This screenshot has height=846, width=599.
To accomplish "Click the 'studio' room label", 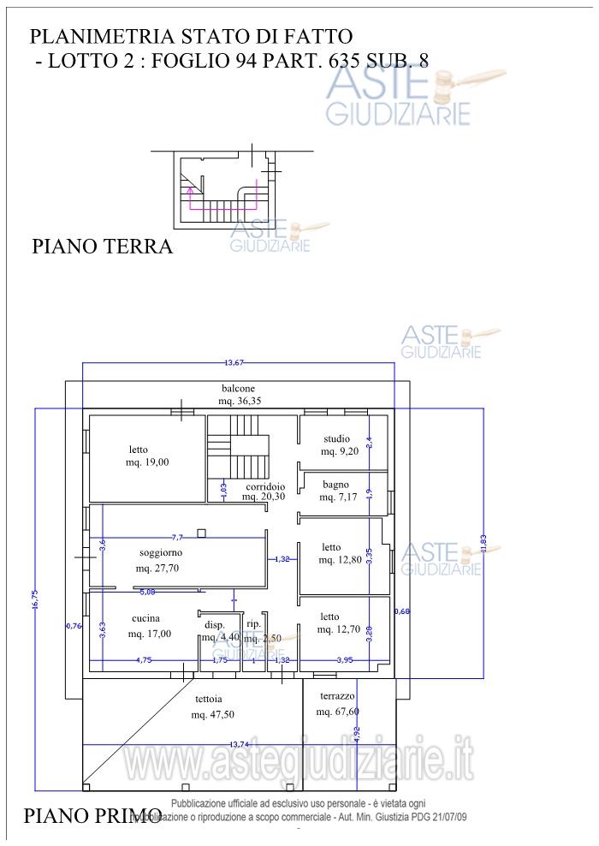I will click(336, 438).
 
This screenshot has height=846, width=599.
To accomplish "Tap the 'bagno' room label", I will click(335, 484).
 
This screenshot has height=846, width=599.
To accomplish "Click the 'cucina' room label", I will click(145, 618).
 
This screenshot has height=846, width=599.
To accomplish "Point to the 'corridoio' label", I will click(264, 486).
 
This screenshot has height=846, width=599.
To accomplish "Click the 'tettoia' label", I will click(209, 698).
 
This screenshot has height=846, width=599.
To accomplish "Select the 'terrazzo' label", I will click(337, 696).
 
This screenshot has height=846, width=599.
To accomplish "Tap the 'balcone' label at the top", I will click(236, 388).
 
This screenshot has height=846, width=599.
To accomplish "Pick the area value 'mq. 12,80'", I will click(339, 560).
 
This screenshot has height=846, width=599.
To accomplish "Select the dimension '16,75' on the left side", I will click(36, 599).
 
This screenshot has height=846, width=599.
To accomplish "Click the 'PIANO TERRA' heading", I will click(102, 247).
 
